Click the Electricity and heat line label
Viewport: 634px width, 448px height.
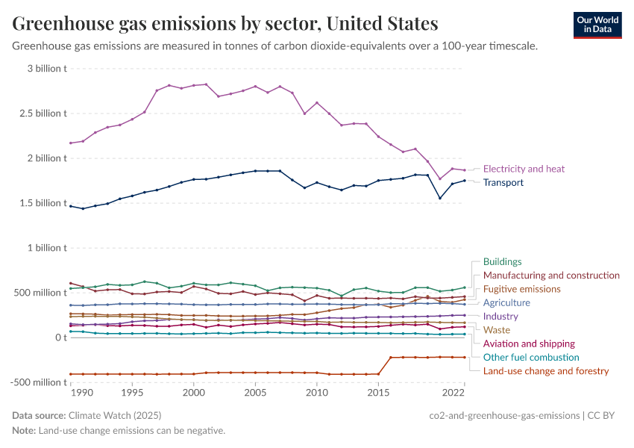524,169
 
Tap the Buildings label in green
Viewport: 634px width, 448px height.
502,261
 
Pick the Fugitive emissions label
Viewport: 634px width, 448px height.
521,289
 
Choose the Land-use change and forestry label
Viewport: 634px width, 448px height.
546,371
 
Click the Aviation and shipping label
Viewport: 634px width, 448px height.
529,343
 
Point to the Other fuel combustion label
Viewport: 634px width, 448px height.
531,358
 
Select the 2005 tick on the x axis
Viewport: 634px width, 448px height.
255,392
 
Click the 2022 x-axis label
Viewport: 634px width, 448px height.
465,392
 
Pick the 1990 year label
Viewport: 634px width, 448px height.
82,392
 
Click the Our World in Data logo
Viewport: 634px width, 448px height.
597,25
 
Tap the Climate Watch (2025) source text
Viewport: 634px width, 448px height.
115,415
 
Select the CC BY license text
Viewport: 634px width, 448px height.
604,415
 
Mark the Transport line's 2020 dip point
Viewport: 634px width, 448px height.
440,198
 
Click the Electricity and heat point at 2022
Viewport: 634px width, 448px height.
465,170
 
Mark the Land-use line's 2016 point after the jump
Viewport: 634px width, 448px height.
391,357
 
